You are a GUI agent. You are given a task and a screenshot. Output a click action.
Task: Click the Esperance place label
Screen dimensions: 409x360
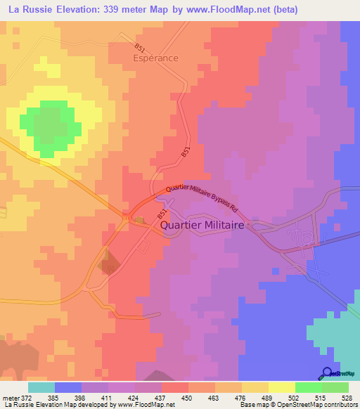156,58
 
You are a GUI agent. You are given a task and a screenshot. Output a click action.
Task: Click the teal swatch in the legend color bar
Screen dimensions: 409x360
41,387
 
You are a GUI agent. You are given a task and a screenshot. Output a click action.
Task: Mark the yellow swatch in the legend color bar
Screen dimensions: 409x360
282,387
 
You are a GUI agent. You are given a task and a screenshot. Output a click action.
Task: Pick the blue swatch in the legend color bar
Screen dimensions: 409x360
67,387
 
